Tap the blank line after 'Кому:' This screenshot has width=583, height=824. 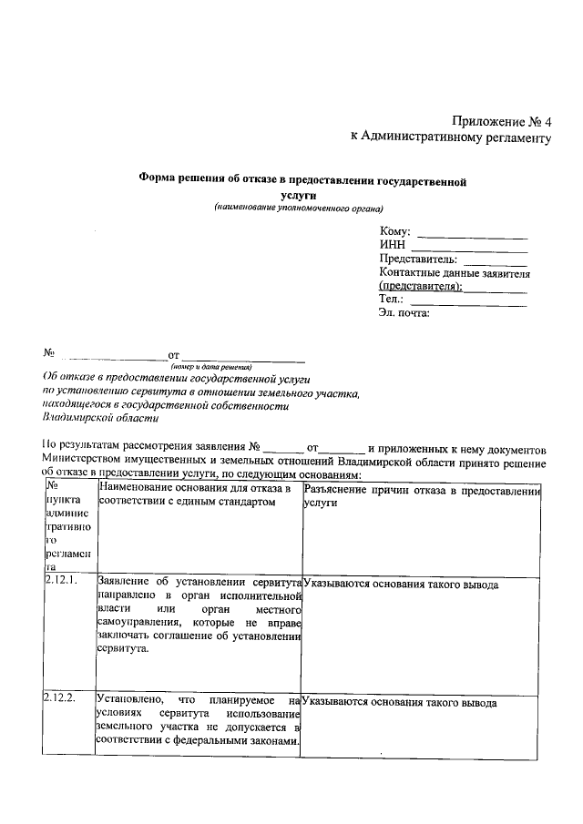coord(471,236)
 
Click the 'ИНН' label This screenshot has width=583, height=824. coord(393,245)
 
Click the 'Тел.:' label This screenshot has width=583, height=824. coord(391,299)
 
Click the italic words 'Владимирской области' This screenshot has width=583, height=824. coord(100,418)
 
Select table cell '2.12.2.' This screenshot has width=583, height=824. coord(59,699)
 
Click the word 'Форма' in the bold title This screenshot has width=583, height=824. coord(156,181)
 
